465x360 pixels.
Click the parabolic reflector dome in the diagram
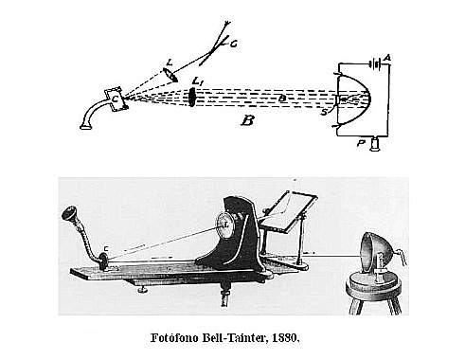pyautogui.click(x=358, y=99)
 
